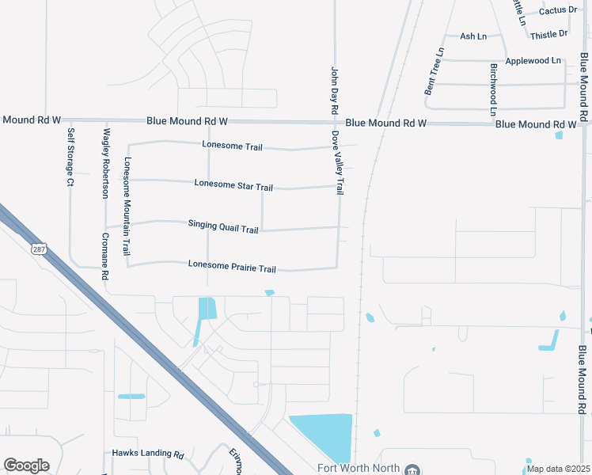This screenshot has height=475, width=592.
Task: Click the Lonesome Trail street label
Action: tap(232, 146)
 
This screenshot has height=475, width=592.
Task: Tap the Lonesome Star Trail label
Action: tap(233, 185)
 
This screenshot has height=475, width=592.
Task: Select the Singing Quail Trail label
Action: tap(223, 227)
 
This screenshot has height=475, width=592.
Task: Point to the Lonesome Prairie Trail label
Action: tap(232, 267)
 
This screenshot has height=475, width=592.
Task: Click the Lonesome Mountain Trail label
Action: tap(126, 206)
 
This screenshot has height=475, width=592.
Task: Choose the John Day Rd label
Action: tap(334, 89)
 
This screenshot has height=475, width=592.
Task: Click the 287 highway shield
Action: tap(39, 249)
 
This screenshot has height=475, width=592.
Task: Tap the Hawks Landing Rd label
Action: tap(148, 454)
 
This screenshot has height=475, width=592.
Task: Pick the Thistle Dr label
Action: tap(549, 34)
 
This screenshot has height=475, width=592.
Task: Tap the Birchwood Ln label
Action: tap(493, 89)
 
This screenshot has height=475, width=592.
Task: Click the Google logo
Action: tap(26, 465)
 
